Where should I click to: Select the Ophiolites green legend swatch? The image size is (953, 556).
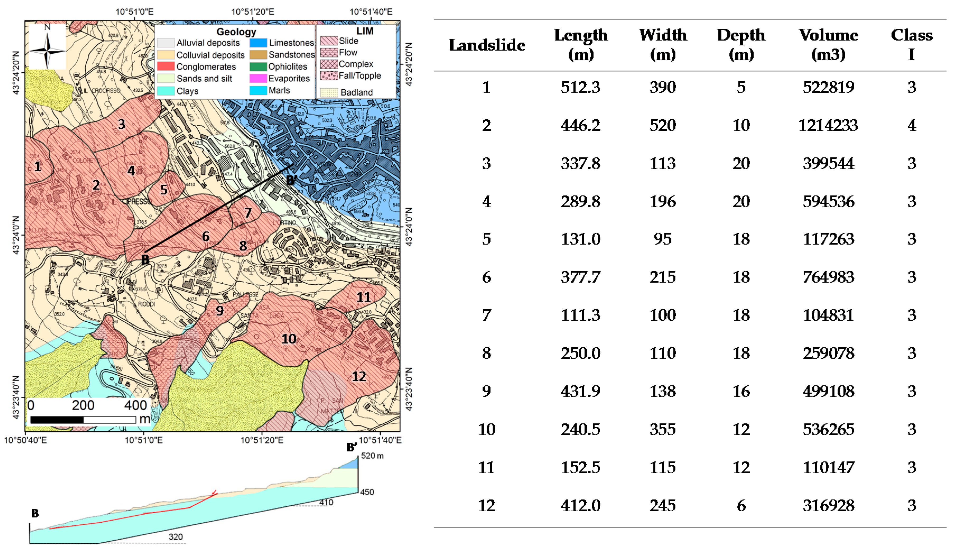coord(258,67)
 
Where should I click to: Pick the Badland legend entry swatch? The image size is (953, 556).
coord(329,92)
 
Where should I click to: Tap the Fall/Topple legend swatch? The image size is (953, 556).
coord(329,76)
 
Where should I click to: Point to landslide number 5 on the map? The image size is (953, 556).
coord(164,189)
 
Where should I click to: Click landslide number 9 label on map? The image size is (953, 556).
coord(220,311)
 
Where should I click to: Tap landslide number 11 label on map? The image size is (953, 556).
coord(363,297)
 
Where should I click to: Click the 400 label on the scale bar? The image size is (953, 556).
coord(136,406)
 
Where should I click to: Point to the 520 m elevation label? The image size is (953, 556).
coord(372,455)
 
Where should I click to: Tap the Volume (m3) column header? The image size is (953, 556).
coord(828,45)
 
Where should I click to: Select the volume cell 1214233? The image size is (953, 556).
coord(828,125)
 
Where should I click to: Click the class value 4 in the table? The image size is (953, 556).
coord(912,125)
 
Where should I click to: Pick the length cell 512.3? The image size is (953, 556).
coord(581,87)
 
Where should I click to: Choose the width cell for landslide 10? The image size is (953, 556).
coord(662,429)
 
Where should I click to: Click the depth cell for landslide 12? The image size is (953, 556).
coord(741,505)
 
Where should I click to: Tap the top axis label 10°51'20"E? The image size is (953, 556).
coord(253,12)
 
